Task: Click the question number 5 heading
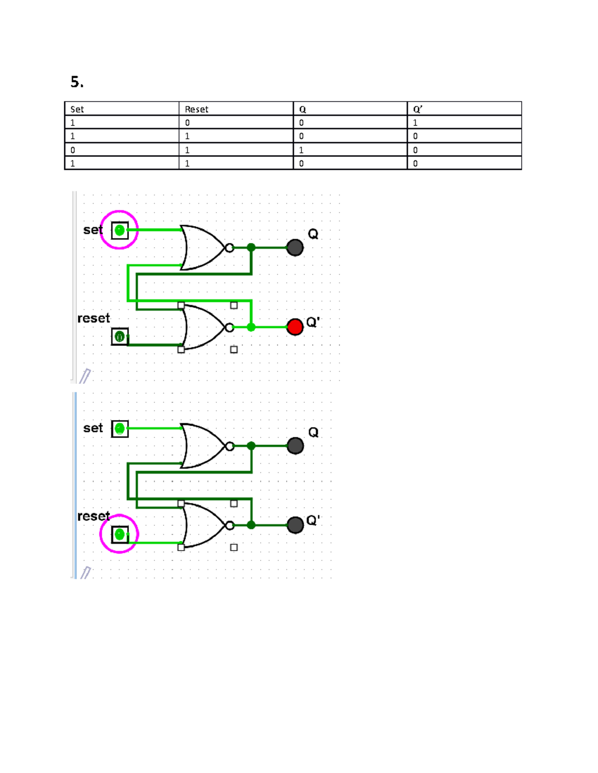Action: coord(77,82)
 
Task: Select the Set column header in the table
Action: coord(77,110)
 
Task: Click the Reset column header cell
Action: coord(196,110)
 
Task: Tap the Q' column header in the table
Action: coord(418,110)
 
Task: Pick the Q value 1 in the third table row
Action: coord(301,150)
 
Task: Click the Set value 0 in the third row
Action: coord(73,150)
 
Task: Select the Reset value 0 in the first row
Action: coord(187,123)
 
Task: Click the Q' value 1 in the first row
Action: coord(415,123)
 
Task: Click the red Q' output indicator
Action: coord(295,327)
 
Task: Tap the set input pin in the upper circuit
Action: coord(120,230)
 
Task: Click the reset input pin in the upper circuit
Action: coord(120,337)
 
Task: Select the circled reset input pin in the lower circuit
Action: coord(120,535)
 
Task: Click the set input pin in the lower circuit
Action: coord(120,429)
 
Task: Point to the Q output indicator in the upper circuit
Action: coord(295,247)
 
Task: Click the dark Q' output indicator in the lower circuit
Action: coord(295,525)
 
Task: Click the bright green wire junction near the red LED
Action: coord(251,327)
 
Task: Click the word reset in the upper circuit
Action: coord(94,319)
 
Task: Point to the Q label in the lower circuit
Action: coord(313,432)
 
